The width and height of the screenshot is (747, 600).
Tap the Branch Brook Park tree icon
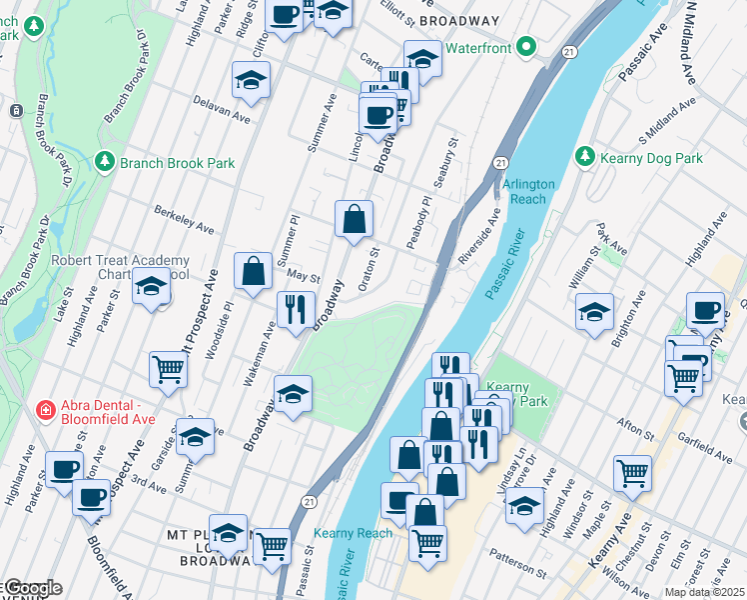(x=105, y=162)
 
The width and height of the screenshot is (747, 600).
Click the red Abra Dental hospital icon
(x=45, y=410)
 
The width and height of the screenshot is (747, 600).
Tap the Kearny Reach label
(x=353, y=533)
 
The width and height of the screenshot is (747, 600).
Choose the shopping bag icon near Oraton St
(x=354, y=219)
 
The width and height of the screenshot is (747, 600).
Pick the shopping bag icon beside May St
(x=254, y=270)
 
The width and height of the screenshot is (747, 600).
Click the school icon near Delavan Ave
(x=252, y=81)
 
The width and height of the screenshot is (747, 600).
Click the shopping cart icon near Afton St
(x=632, y=473)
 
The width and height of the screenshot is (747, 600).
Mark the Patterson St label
(x=516, y=562)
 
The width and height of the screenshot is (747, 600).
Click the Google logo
(x=32, y=588)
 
